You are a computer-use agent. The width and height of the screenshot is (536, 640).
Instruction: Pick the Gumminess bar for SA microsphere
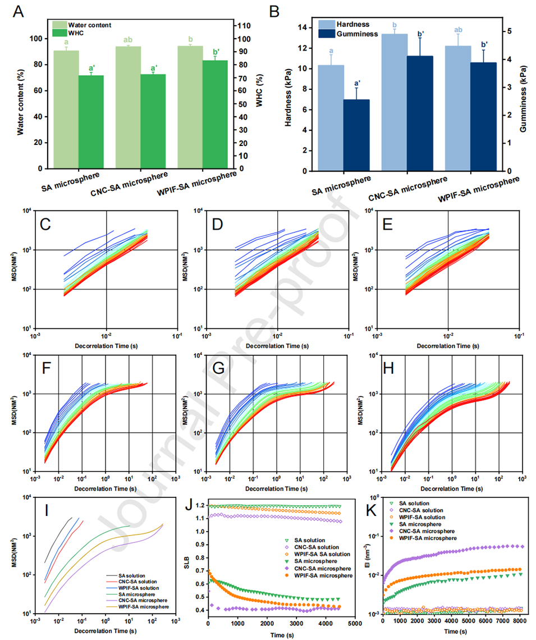click(357, 135)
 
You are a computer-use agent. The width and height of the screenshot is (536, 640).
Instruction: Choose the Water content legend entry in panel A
click(89, 25)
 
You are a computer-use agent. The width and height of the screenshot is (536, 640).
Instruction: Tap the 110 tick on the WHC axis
click(246, 26)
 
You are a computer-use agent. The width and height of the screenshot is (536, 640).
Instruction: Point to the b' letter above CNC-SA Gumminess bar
click(421, 34)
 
